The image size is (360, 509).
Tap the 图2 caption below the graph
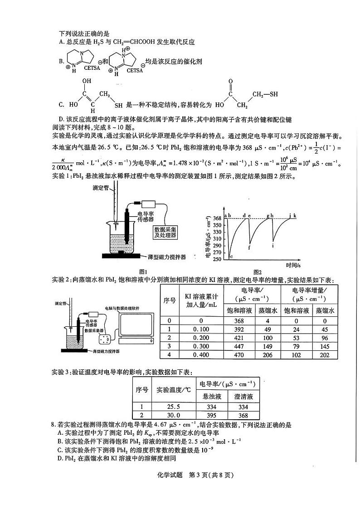257,271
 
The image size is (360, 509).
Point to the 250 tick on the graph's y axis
217,259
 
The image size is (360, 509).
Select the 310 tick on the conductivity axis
217,239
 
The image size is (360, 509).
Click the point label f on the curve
249,247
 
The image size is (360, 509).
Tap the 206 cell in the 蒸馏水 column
267,355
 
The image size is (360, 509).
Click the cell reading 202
325,355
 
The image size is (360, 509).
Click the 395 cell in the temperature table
211,415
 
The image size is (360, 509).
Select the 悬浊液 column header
211,396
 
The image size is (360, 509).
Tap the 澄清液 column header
243,396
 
